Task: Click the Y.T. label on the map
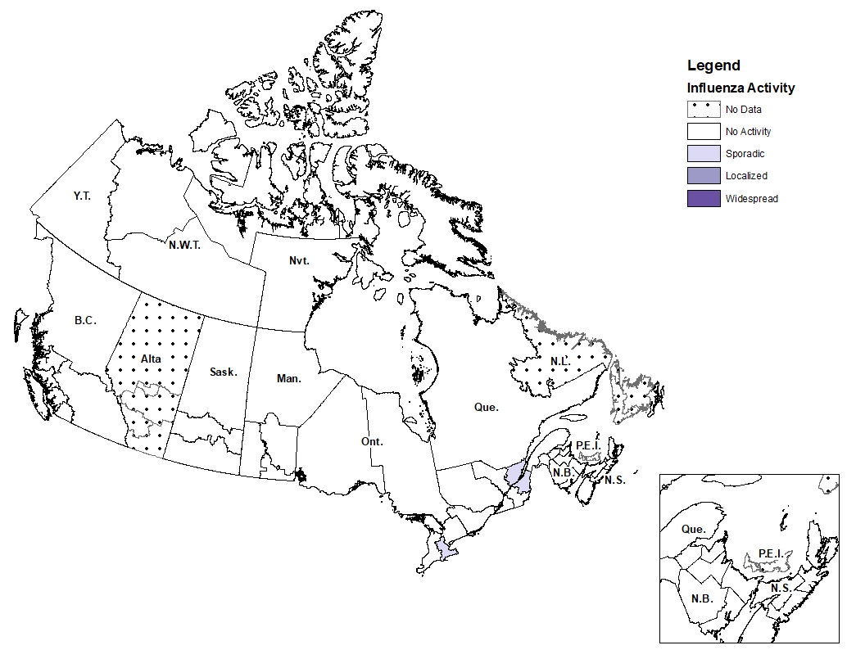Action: (81, 196)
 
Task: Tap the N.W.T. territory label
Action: (185, 244)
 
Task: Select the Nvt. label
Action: (300, 260)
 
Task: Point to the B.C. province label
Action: (85, 320)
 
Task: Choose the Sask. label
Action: (223, 372)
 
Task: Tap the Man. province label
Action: (288, 378)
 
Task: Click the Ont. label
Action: (372, 441)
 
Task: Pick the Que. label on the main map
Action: (486, 406)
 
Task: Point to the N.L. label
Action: (561, 361)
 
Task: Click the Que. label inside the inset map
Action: (693, 529)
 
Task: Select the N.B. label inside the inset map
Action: (701, 598)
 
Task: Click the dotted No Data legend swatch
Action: (703, 109)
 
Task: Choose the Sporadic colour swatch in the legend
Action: (703, 153)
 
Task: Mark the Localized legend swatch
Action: (703, 176)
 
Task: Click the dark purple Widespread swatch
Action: (703, 198)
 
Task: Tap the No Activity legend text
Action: (748, 131)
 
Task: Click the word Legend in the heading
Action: (713, 65)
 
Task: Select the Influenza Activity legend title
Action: (740, 88)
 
